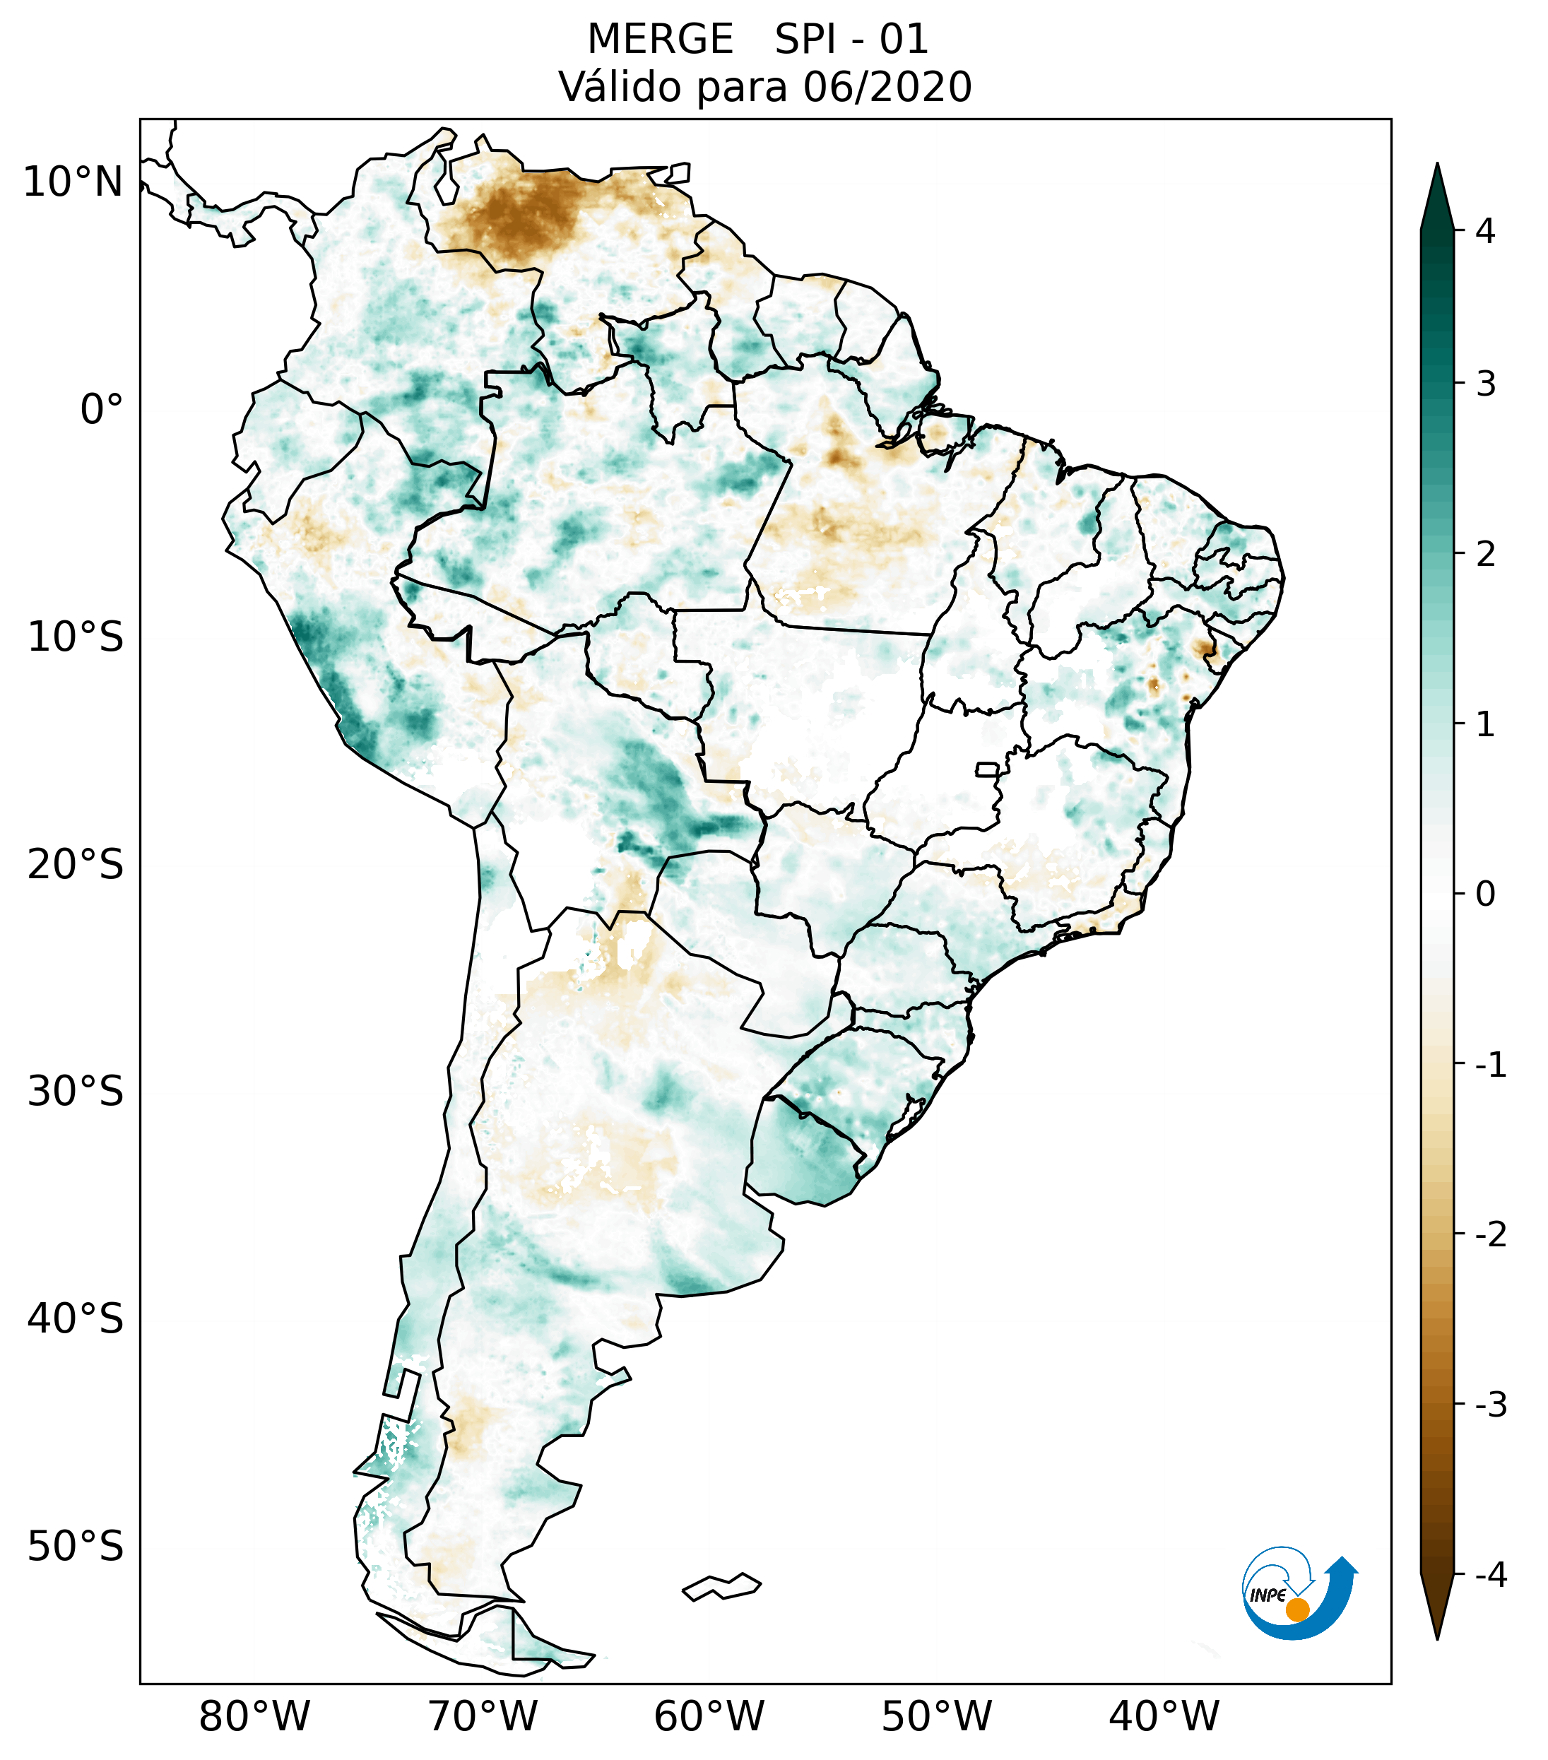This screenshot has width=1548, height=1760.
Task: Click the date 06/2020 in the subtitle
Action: coord(887,87)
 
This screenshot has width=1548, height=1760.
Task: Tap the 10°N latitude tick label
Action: coord(72,182)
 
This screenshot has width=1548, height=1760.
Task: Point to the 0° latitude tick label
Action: coord(102,409)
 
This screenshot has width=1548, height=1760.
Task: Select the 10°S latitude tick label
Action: coord(76,637)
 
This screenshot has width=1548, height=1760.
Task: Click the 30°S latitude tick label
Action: coord(76,1092)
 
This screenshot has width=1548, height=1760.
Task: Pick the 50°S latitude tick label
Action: coord(76,1547)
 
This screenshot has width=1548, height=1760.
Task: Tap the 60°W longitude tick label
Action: coord(709,1715)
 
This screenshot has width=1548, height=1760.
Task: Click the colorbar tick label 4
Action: coord(1485,231)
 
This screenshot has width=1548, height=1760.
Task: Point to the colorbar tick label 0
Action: coord(1485,894)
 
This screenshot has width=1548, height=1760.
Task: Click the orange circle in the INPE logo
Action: coord(1296,1610)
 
